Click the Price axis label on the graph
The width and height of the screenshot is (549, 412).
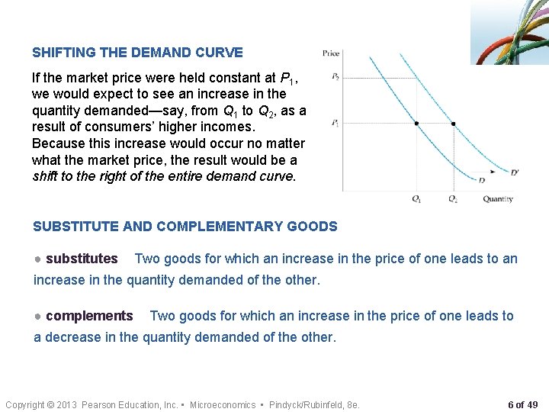click(331, 53)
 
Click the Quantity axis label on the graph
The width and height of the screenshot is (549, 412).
click(498, 199)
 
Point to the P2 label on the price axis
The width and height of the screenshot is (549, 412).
click(335, 77)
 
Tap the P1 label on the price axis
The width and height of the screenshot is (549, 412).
click(335, 123)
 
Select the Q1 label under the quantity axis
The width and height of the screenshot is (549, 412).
click(416, 199)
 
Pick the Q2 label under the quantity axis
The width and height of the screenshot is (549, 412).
click(453, 199)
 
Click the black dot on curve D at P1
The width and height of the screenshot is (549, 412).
click(416, 124)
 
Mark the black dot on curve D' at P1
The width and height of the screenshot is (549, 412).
click(454, 124)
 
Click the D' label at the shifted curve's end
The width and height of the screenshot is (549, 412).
click(515, 172)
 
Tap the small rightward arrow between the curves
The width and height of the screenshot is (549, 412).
click(493, 172)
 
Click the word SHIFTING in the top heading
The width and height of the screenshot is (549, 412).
click(64, 53)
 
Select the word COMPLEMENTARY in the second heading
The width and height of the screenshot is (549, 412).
click(229, 226)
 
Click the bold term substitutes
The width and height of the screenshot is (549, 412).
click(82, 259)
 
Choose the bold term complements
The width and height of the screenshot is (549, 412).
click(89, 316)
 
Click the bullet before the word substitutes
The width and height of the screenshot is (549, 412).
click(37, 259)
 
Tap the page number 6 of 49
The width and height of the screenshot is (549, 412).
click(523, 404)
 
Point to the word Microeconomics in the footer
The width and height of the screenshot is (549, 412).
click(223, 404)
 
